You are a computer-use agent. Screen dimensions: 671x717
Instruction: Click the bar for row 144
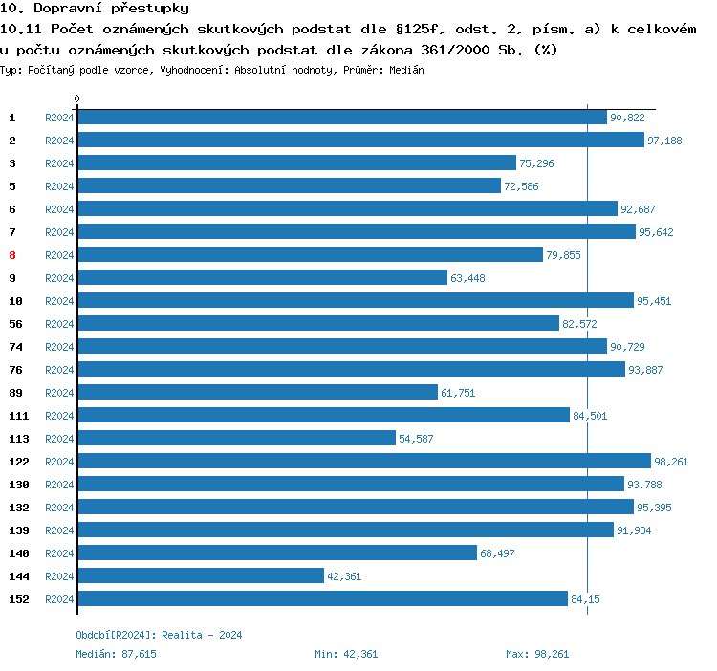(x=201, y=575)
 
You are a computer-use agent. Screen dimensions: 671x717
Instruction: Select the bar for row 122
(x=363, y=461)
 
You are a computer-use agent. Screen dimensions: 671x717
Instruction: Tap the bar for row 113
(x=236, y=438)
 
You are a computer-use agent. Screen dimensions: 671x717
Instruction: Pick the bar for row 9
(x=262, y=277)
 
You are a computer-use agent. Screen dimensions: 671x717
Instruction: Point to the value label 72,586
(x=521, y=186)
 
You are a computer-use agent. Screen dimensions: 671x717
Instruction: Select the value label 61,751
(x=458, y=393)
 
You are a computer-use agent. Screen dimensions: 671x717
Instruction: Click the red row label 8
(x=12, y=255)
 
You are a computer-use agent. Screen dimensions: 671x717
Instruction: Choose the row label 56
(x=15, y=324)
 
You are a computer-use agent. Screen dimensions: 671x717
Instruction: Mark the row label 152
(x=19, y=599)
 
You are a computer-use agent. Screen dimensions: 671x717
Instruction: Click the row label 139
(x=19, y=530)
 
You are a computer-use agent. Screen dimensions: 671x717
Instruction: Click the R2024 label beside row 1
(x=59, y=118)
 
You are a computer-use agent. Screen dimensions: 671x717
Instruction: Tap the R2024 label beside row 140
(x=59, y=553)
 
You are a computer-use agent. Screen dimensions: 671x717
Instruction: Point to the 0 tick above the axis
(x=77, y=98)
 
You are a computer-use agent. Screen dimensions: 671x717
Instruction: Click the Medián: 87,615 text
(x=116, y=654)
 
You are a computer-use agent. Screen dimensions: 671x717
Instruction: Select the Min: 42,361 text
(x=346, y=654)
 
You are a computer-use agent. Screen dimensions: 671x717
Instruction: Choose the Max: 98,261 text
(x=537, y=654)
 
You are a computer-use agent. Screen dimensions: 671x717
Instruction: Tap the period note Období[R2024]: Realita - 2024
(x=160, y=635)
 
